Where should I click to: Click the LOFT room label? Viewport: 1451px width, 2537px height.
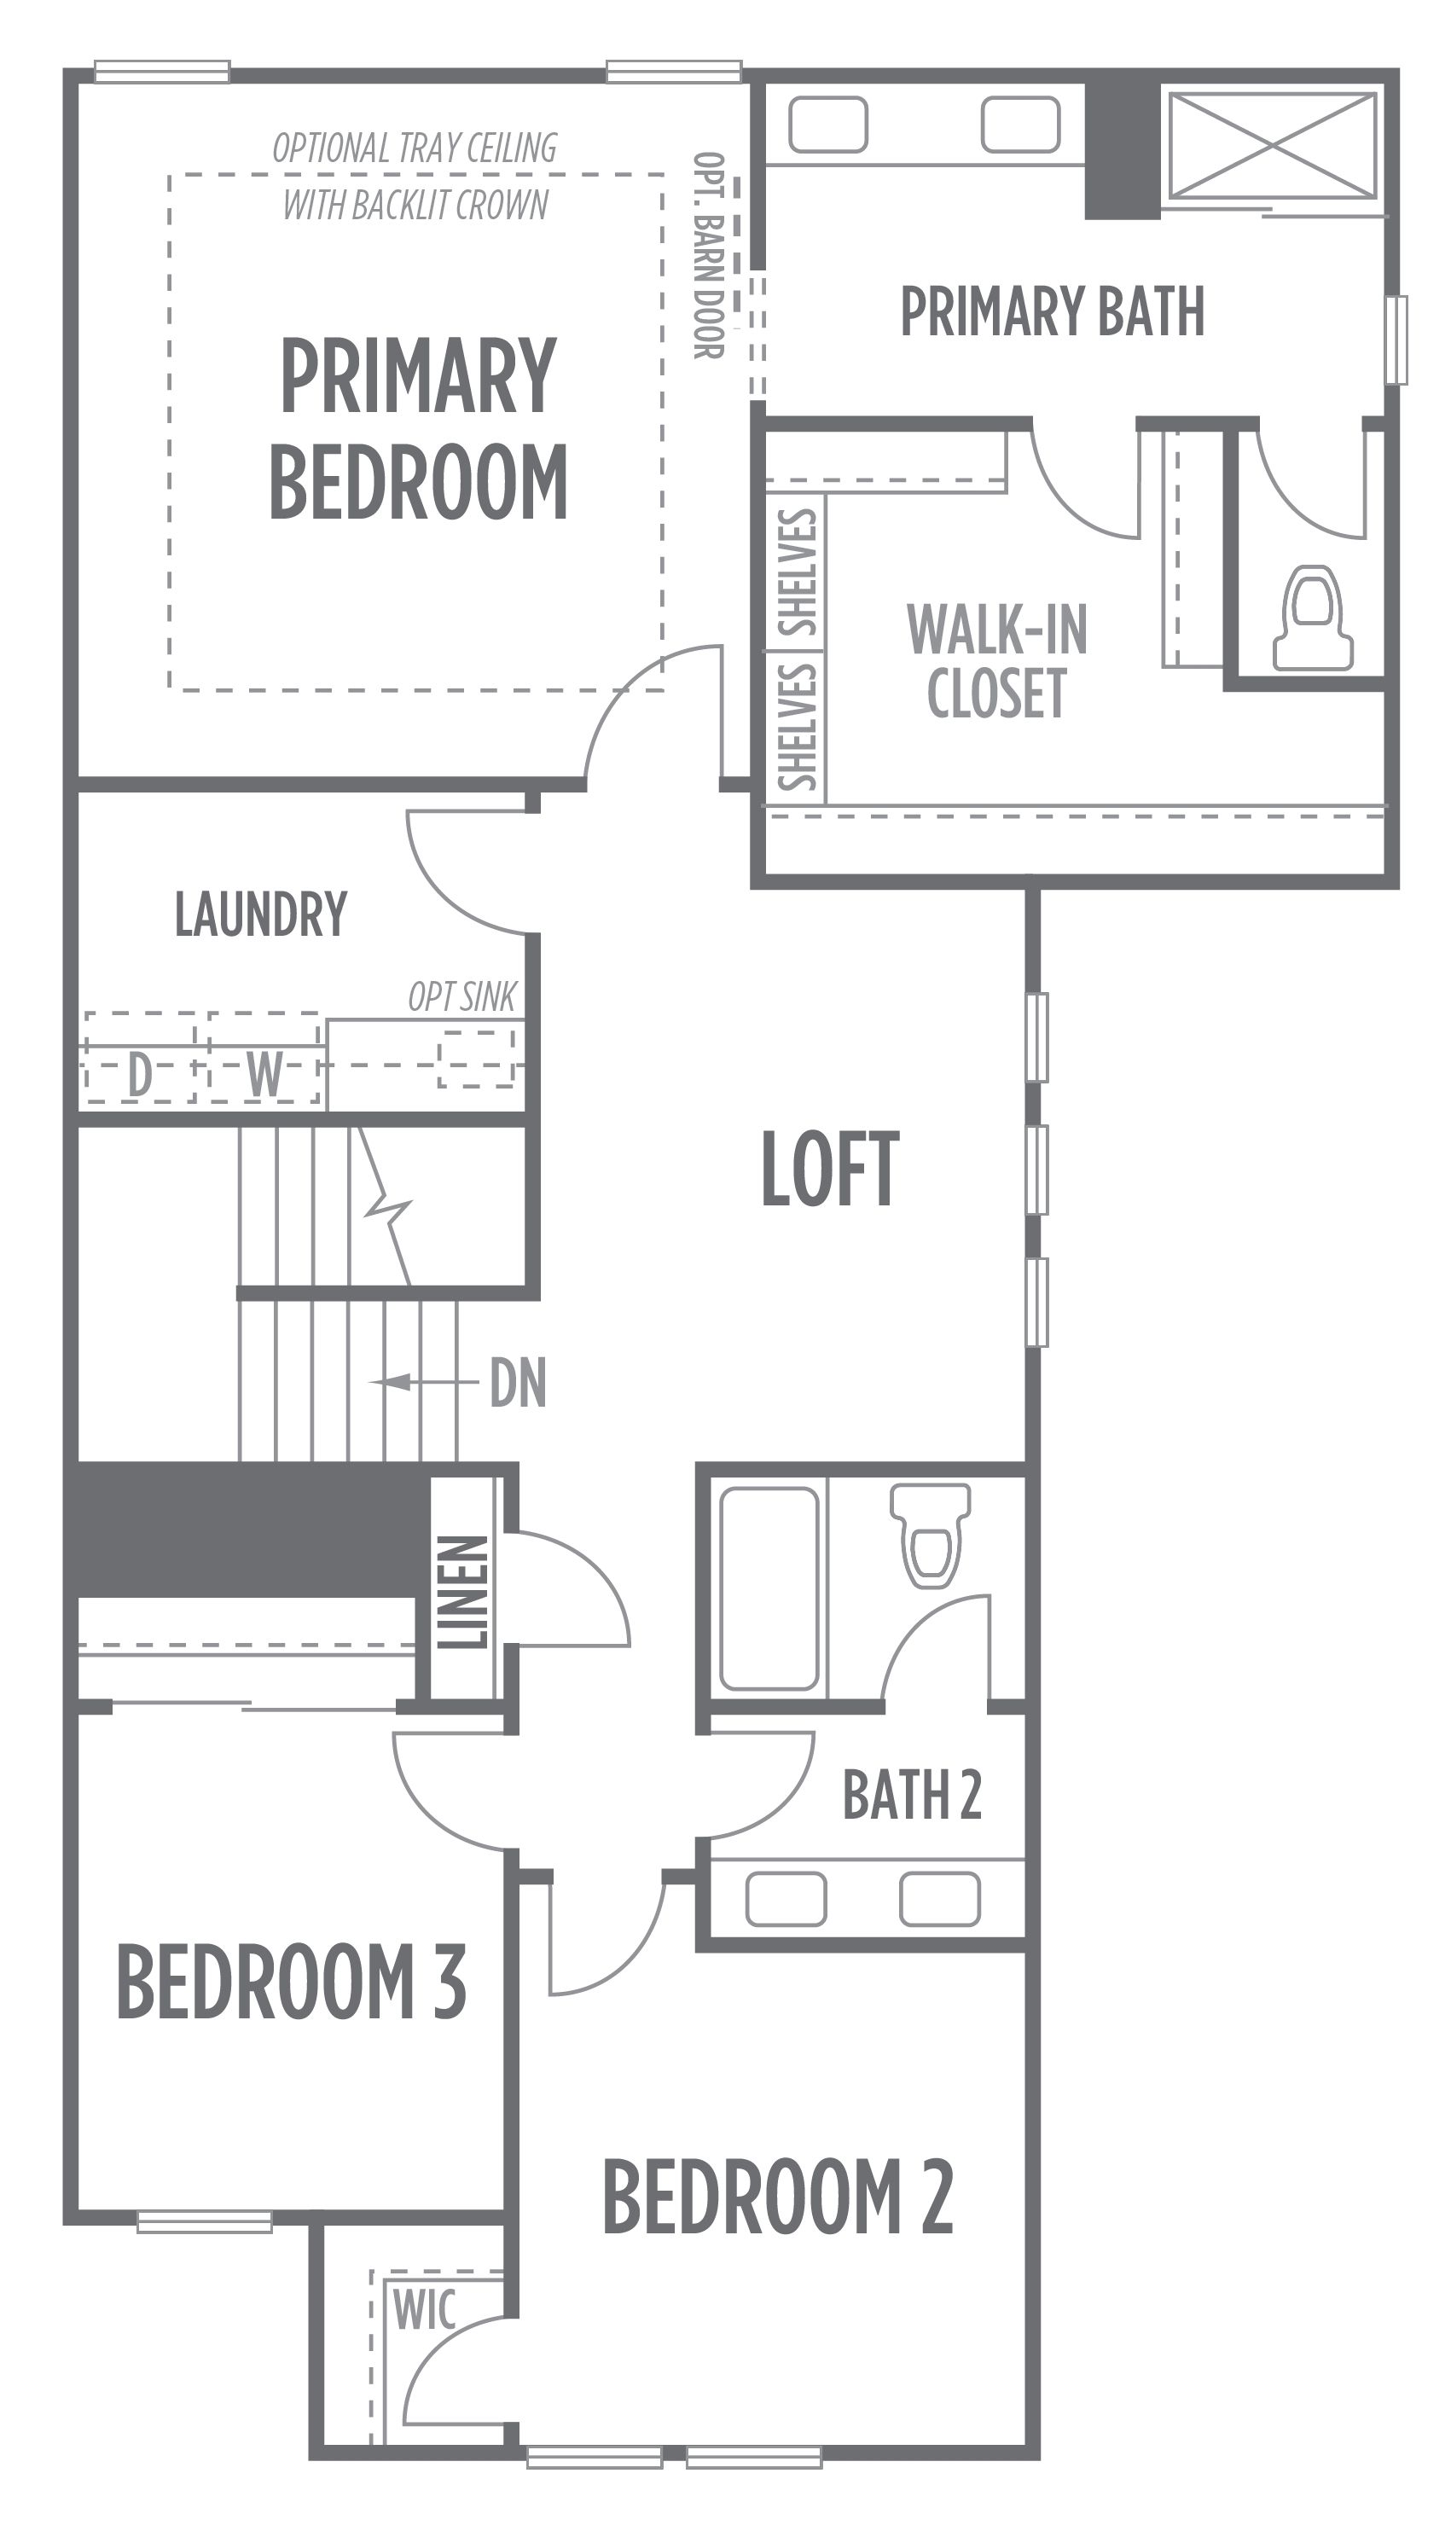pos(830,1169)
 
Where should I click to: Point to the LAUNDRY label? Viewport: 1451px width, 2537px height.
pos(261,914)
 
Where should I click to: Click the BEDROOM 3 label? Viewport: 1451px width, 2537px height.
pos(292,1981)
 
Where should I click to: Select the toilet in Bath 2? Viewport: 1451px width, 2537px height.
pos(930,1536)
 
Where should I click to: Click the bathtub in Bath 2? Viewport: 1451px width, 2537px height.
pos(769,1589)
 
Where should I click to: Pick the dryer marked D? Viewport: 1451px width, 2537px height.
pos(141,1059)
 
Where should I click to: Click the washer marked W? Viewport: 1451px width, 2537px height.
pos(264,1059)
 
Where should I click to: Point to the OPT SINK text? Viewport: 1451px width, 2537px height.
pos(462,996)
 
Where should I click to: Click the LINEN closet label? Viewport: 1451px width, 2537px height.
pos(463,1593)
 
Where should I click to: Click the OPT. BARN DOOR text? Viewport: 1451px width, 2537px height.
pos(709,255)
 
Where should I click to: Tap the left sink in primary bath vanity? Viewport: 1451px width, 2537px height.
pos(828,125)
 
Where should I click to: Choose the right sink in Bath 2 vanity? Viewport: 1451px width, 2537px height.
pos(940,1899)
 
